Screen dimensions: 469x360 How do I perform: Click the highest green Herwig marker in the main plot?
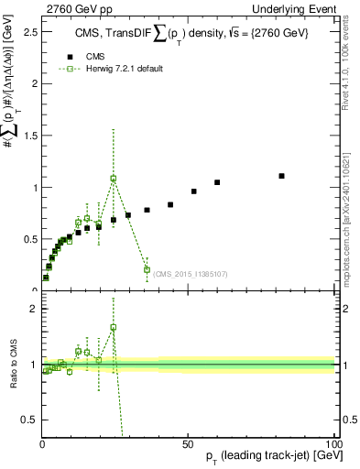coord(114,179)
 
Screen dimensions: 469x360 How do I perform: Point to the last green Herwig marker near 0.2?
coord(147,269)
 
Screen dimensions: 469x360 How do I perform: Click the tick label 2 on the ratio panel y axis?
coord(32,309)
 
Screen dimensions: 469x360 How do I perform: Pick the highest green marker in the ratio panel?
coord(114,327)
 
